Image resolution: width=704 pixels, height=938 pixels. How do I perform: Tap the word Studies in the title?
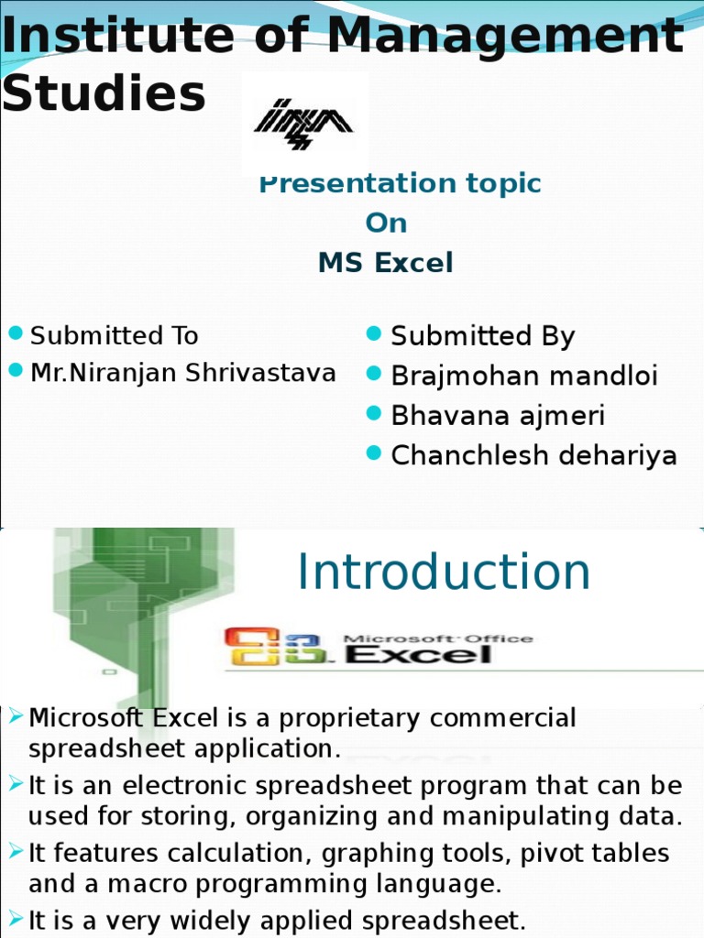(x=104, y=94)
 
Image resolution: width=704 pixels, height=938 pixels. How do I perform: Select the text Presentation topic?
(x=401, y=183)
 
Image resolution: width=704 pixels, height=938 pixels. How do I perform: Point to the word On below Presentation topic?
(x=386, y=224)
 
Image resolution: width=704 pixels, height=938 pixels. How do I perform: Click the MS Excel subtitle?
(x=386, y=264)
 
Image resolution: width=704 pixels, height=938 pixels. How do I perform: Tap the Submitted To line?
(x=114, y=335)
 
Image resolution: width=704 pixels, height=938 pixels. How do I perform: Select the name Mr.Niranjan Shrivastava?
(x=183, y=373)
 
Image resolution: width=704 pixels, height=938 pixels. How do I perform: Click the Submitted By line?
(x=482, y=336)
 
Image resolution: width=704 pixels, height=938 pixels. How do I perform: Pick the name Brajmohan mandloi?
(x=524, y=376)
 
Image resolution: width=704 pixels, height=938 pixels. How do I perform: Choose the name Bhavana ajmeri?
(x=498, y=415)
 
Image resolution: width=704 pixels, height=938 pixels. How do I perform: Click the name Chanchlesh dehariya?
(x=533, y=455)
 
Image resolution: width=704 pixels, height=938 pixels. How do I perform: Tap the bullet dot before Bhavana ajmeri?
(x=373, y=414)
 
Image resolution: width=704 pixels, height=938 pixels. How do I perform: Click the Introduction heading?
(x=444, y=573)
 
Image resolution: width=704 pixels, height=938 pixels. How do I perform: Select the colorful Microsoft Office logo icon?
(x=274, y=646)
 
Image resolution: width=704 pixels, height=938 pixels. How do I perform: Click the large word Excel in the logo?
(x=417, y=654)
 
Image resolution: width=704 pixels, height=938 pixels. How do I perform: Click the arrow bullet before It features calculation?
(x=15, y=852)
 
